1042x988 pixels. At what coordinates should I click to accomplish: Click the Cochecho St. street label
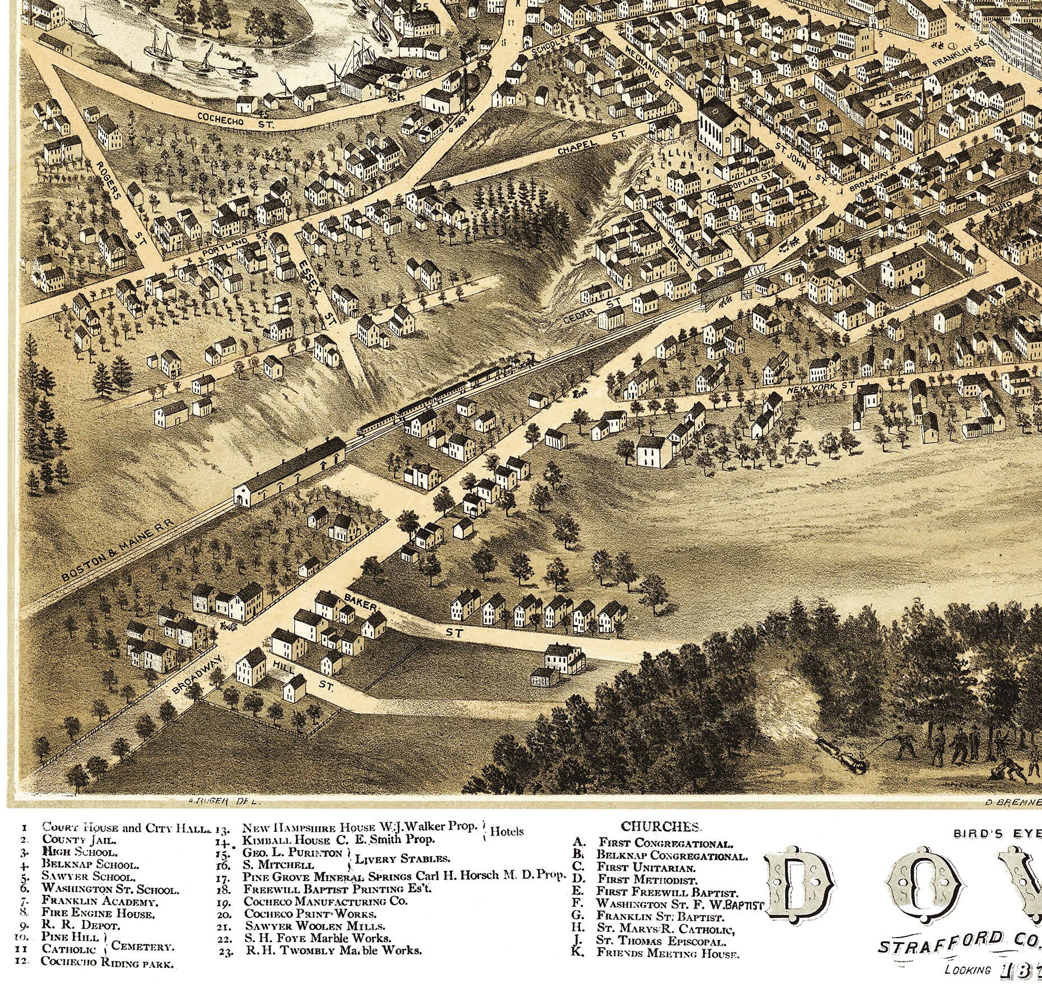tap(235, 121)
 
